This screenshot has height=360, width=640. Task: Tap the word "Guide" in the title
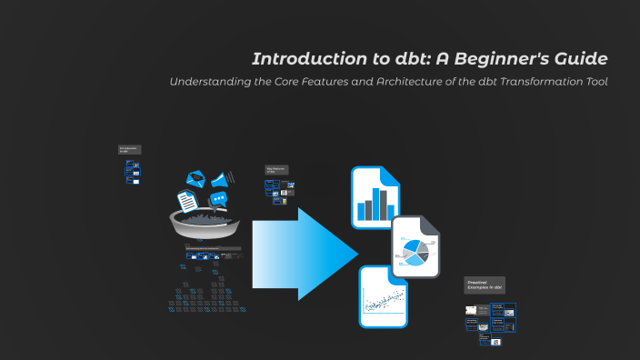583,60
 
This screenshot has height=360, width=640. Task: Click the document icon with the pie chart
415,248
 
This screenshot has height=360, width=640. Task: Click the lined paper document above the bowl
187,199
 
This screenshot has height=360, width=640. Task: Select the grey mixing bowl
205,223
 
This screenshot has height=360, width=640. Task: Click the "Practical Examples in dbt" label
484,285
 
